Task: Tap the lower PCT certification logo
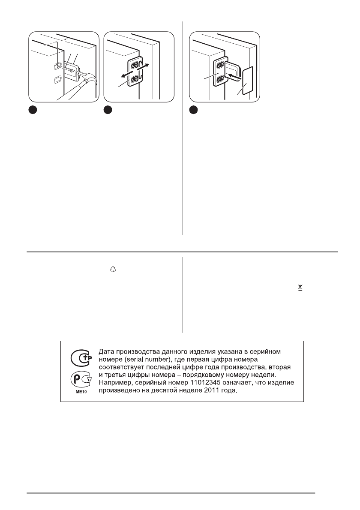click(78, 378)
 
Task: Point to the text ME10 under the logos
click(78, 391)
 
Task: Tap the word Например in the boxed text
click(117, 383)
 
